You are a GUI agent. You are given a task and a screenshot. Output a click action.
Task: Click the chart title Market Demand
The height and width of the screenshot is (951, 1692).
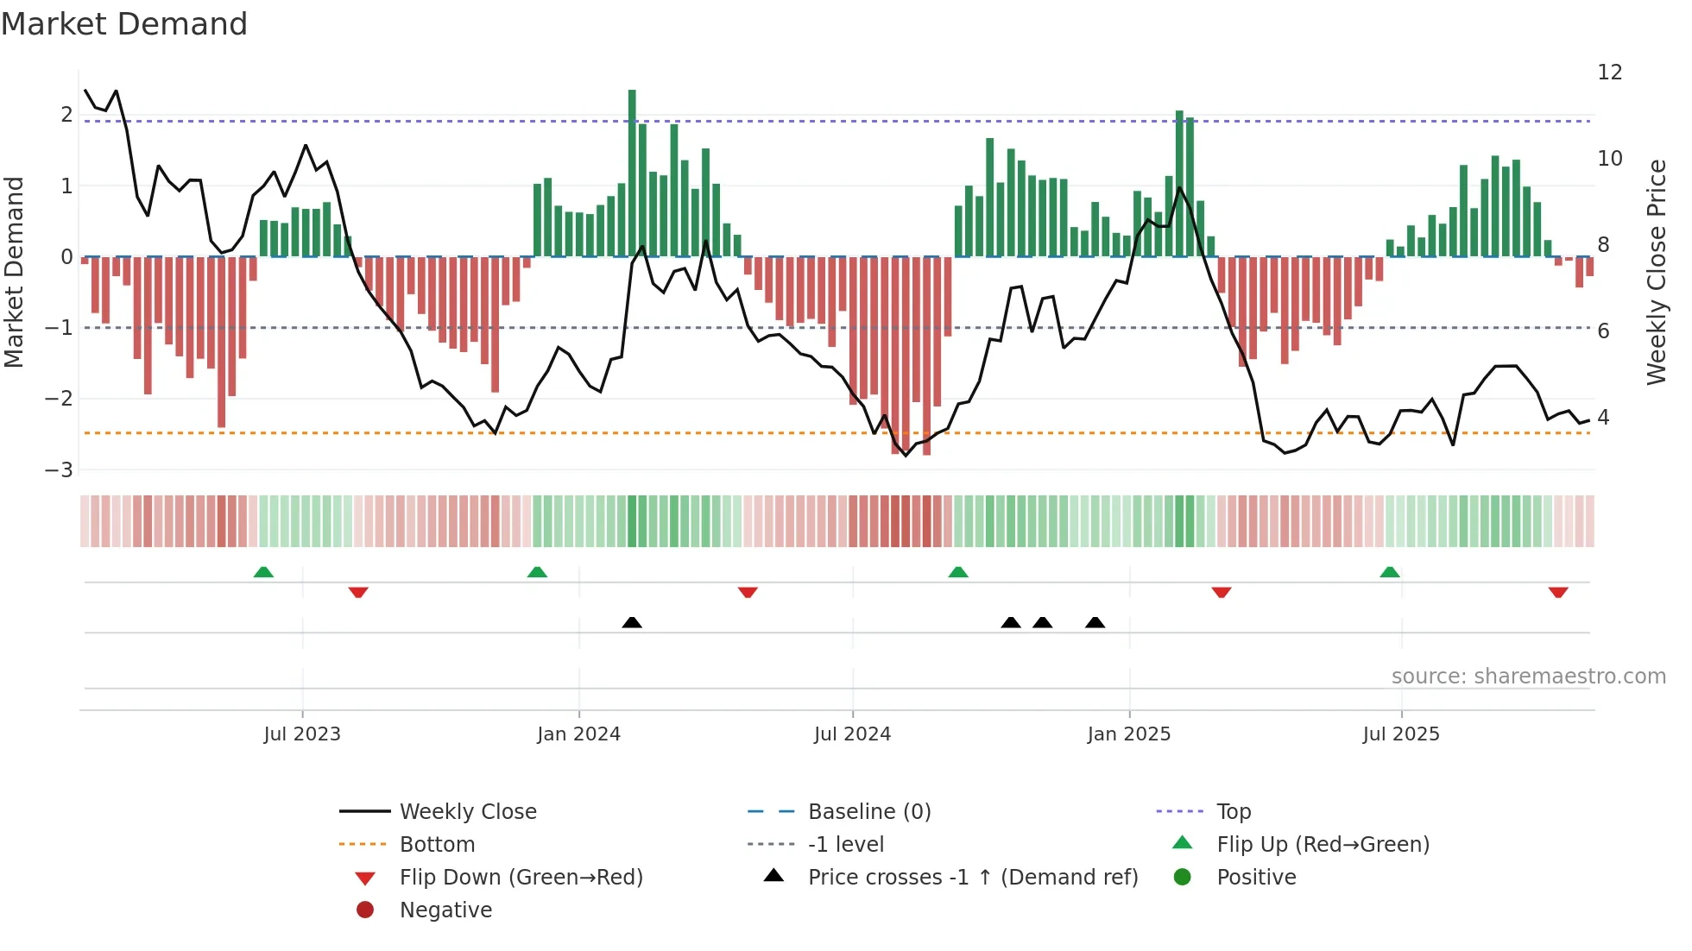click(x=124, y=24)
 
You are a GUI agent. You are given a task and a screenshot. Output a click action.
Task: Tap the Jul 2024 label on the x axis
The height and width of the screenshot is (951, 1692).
click(x=852, y=734)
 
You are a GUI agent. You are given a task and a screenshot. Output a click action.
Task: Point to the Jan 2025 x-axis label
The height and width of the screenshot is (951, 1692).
click(x=1128, y=734)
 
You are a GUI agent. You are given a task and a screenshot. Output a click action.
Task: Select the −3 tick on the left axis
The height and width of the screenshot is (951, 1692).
click(x=59, y=470)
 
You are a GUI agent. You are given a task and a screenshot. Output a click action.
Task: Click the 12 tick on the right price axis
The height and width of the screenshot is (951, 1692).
click(x=1609, y=72)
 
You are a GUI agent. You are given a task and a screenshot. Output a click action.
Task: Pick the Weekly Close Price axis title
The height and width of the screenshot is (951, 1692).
click(x=1656, y=272)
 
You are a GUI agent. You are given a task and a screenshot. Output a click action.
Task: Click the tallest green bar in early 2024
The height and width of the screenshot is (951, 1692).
click(x=632, y=173)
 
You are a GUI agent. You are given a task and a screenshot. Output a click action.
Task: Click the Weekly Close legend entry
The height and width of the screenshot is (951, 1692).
click(x=467, y=812)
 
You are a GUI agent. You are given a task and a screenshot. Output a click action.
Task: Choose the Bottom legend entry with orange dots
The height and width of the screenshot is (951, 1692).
click(x=437, y=845)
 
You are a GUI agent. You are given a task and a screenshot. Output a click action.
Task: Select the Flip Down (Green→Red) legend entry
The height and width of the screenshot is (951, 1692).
click(x=521, y=878)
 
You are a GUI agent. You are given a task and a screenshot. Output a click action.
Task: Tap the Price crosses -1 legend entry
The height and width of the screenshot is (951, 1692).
click(x=972, y=878)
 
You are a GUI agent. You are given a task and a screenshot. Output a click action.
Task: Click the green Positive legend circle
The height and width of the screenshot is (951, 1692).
click(x=1183, y=878)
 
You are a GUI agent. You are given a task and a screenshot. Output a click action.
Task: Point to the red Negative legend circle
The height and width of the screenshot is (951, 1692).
click(x=365, y=910)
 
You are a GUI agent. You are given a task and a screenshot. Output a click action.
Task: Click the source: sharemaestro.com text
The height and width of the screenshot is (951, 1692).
click(x=1528, y=677)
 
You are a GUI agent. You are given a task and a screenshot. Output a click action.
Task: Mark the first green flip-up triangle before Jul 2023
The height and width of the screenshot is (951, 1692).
click(x=263, y=572)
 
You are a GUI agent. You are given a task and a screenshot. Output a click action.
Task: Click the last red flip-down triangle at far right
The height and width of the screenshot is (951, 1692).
click(x=1558, y=592)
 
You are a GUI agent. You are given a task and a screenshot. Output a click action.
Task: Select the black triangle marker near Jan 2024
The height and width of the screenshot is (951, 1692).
click(x=632, y=622)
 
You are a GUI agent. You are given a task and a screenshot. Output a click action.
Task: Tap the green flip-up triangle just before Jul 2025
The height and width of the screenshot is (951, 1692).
click(x=1389, y=572)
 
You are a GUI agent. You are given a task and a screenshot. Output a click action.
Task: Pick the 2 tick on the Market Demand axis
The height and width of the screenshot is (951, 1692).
click(x=66, y=115)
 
